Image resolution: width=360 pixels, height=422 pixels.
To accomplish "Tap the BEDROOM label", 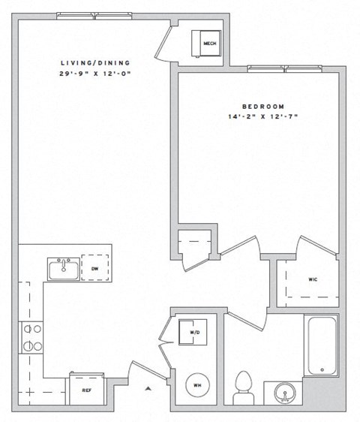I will (262, 107).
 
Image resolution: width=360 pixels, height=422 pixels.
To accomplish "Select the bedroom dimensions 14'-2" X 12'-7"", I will (262, 117).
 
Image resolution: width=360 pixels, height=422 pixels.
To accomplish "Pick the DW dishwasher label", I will (94, 267).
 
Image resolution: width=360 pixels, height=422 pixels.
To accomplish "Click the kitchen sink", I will (63, 268).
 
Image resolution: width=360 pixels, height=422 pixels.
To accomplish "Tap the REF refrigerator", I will (87, 389).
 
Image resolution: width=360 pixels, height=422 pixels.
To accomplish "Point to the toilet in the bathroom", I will (244, 386).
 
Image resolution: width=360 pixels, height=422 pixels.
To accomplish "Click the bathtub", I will (320, 345).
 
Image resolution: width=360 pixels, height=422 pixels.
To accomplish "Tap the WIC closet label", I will (312, 279).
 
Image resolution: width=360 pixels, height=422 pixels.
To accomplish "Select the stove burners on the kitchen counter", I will (34, 337).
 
